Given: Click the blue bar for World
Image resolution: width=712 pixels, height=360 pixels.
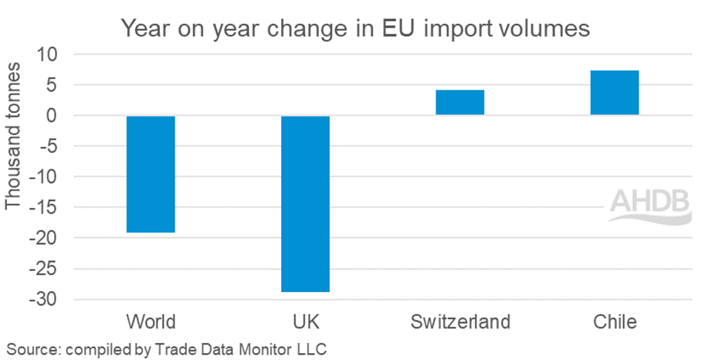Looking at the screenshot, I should [151, 174].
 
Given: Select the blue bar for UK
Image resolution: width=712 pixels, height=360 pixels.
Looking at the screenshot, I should [305, 203].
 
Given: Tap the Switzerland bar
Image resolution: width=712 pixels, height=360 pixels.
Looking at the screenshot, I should [459, 103].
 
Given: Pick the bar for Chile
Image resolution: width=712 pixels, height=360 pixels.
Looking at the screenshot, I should [614, 93].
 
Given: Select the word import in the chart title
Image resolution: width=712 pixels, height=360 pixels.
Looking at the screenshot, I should [452, 30].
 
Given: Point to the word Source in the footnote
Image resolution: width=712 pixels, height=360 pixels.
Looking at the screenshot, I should [29, 348].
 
